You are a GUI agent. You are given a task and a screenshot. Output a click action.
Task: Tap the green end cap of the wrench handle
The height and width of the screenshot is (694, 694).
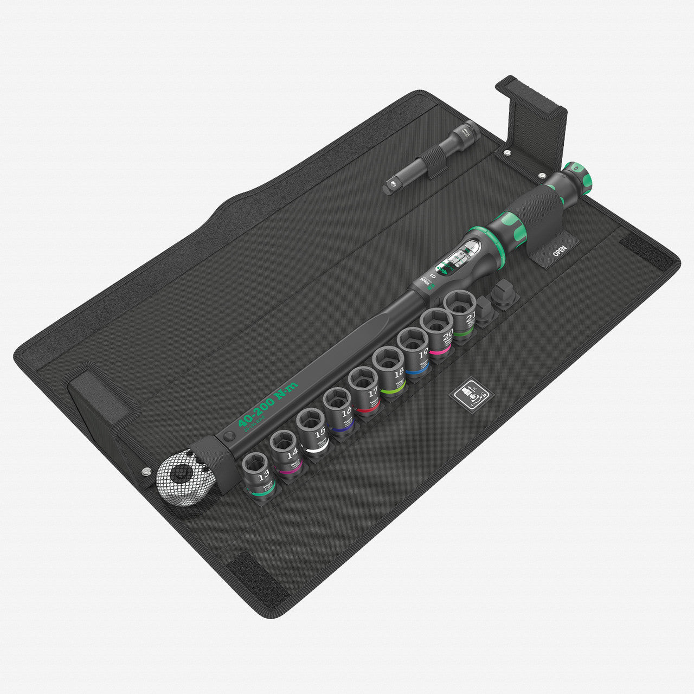[x=578, y=177]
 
